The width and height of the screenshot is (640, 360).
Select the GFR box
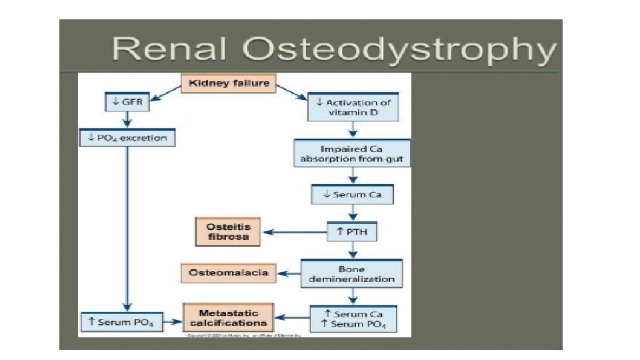(x=127, y=102)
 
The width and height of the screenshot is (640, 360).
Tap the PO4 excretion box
(x=127, y=138)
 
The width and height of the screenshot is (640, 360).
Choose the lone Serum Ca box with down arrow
(x=353, y=195)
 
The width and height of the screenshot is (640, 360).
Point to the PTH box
(x=353, y=233)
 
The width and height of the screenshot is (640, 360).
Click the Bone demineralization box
(x=352, y=273)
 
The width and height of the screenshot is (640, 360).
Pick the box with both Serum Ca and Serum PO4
(x=353, y=319)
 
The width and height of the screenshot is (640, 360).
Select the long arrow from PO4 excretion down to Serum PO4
(x=127, y=227)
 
